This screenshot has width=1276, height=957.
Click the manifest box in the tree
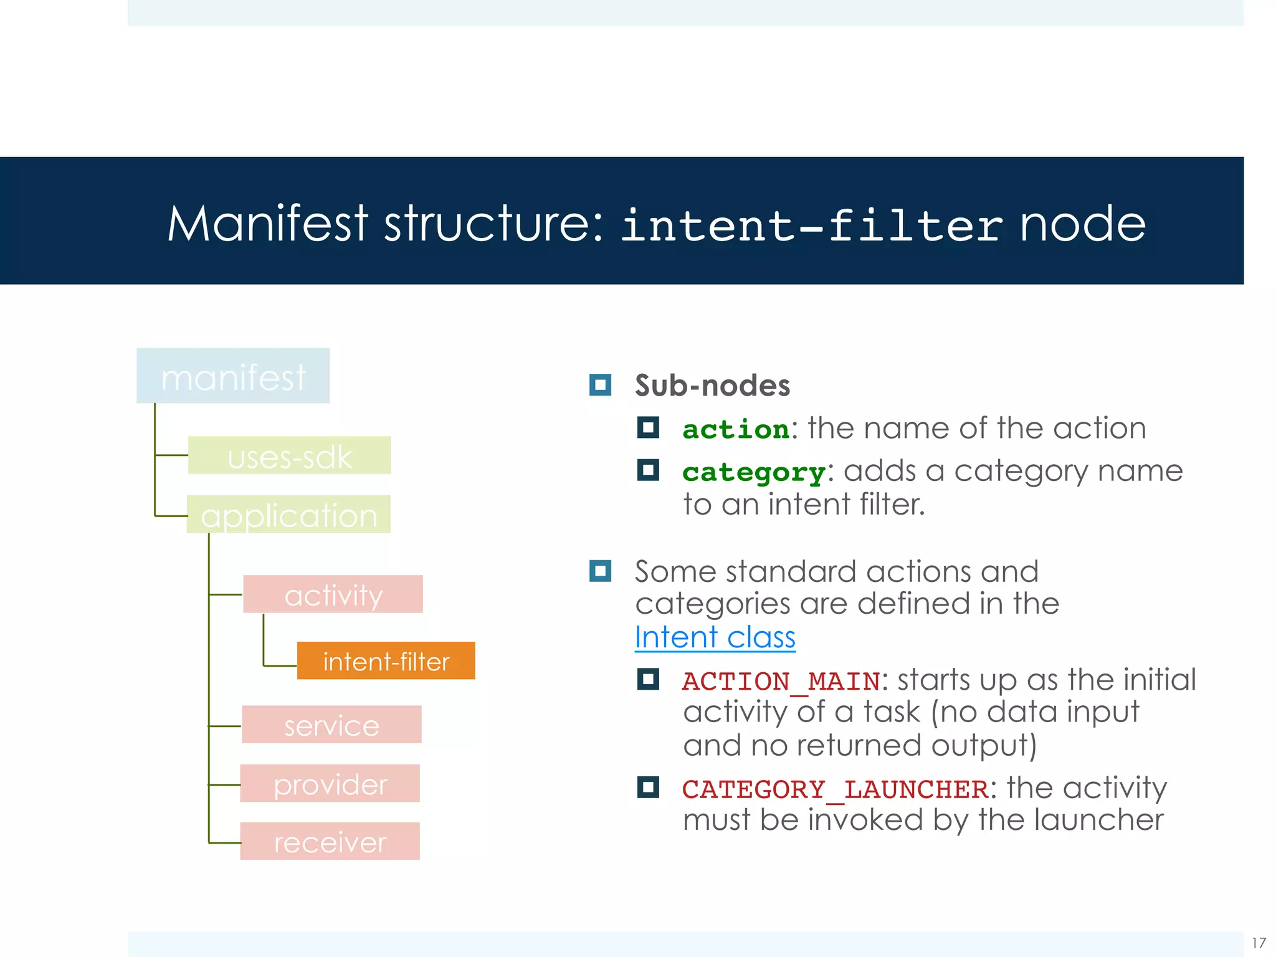(233, 376)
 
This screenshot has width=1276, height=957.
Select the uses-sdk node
(289, 455)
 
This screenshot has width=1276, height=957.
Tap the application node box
(288, 515)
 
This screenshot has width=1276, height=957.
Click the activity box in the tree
(333, 594)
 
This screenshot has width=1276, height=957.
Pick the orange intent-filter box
(386, 660)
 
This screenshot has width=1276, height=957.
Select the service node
(331, 725)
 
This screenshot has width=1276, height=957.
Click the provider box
(330, 783)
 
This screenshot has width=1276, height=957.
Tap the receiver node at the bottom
(330, 842)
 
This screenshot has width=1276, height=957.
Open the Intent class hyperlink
(715, 637)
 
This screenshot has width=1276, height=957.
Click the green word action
(736, 429)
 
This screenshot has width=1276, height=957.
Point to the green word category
(754, 472)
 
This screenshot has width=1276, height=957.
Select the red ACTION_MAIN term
(781, 681)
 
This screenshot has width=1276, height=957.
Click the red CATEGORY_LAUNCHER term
(835, 789)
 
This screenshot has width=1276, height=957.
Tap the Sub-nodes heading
(712, 385)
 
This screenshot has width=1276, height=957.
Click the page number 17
(1259, 943)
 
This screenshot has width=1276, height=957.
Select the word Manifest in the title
(268, 224)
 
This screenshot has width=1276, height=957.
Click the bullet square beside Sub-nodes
(600, 385)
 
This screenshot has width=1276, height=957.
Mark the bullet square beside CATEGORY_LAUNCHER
(648, 788)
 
